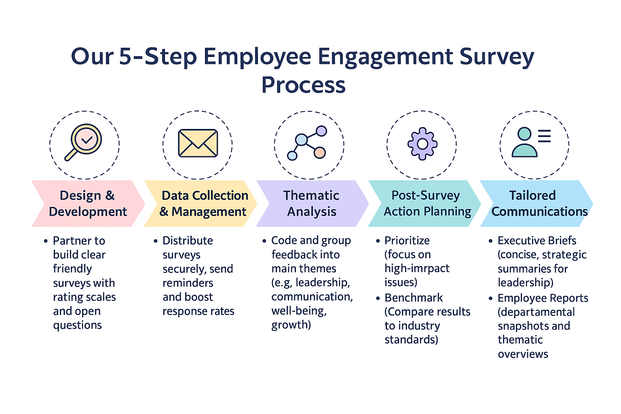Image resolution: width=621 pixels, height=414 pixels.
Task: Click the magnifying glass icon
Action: click(x=84, y=142)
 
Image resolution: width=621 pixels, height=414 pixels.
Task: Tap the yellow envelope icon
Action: click(x=198, y=143)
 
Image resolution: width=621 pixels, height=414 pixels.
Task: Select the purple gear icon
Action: click(x=422, y=144)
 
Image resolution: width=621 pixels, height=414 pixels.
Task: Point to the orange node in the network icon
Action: click(x=320, y=152)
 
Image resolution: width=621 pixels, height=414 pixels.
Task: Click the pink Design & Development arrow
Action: click(x=87, y=203)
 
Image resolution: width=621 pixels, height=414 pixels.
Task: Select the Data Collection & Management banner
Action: click(x=201, y=203)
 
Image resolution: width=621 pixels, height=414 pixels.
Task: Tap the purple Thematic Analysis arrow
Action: click(x=311, y=203)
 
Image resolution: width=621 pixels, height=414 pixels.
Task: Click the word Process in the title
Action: click(x=303, y=85)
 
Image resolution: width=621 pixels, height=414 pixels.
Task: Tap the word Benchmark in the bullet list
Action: click(x=414, y=298)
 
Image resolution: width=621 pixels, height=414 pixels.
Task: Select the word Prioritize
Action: click(x=407, y=241)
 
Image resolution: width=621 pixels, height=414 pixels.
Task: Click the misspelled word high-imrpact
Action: click(x=417, y=268)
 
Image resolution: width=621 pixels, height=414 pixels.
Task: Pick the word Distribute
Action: click(x=188, y=241)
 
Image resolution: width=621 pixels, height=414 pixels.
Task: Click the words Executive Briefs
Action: click(x=537, y=241)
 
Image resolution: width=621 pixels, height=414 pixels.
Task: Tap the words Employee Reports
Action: click(x=543, y=298)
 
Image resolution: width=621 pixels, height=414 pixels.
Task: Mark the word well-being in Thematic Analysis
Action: click(x=299, y=311)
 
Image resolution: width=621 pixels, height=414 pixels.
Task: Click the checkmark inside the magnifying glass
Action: click(x=87, y=140)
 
